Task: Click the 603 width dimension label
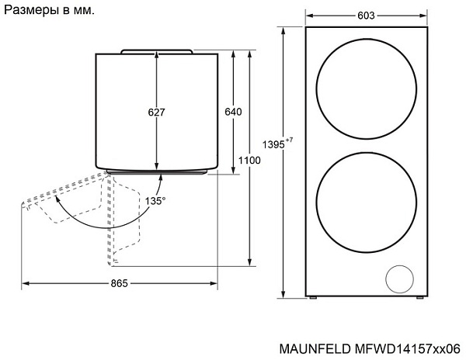[x=367, y=16]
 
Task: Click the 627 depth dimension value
[x=156, y=112]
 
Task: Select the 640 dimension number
[x=233, y=112]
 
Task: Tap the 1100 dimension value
[x=249, y=160]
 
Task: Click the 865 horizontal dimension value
[x=119, y=283]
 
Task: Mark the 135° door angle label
[x=155, y=201]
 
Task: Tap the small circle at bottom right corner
[x=400, y=277]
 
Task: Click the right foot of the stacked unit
[x=420, y=296]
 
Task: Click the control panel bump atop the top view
[x=157, y=50]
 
